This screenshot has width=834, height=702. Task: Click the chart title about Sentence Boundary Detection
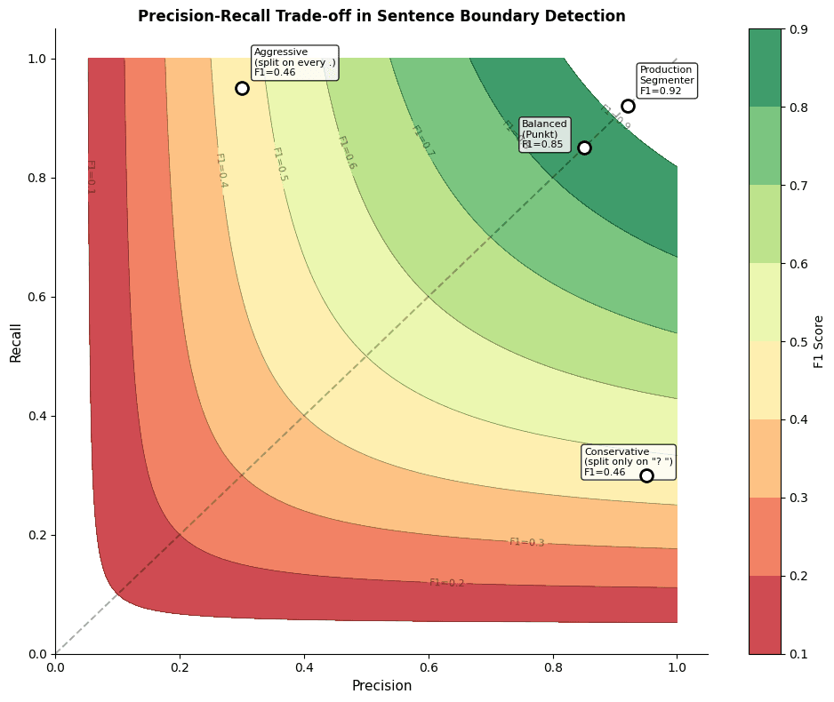[x=381, y=16]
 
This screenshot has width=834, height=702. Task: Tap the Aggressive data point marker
[x=242, y=88]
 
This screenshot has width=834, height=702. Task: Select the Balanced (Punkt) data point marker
[x=584, y=148]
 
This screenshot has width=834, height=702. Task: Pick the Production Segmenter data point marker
[x=628, y=106]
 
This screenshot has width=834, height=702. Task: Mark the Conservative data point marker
[x=646, y=475]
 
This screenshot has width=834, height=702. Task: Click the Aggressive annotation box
[x=294, y=62]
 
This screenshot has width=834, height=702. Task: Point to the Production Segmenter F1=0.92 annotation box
[x=667, y=80]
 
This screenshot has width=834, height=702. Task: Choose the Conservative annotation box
[x=629, y=462]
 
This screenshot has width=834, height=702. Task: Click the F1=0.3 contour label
[x=526, y=542]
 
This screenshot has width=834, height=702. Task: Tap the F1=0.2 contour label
[x=446, y=583]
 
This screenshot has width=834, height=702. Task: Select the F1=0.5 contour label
[x=279, y=164]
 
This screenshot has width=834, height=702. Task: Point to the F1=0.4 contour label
[x=221, y=171]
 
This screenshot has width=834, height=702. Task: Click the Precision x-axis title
[x=381, y=686]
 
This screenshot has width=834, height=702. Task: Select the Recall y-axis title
[x=16, y=341]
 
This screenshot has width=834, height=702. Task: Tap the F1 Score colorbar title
[x=819, y=341]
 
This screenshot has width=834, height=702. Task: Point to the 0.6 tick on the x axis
[x=429, y=666]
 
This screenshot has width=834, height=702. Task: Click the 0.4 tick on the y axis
[x=37, y=416]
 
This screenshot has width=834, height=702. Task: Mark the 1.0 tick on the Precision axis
[x=678, y=666]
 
